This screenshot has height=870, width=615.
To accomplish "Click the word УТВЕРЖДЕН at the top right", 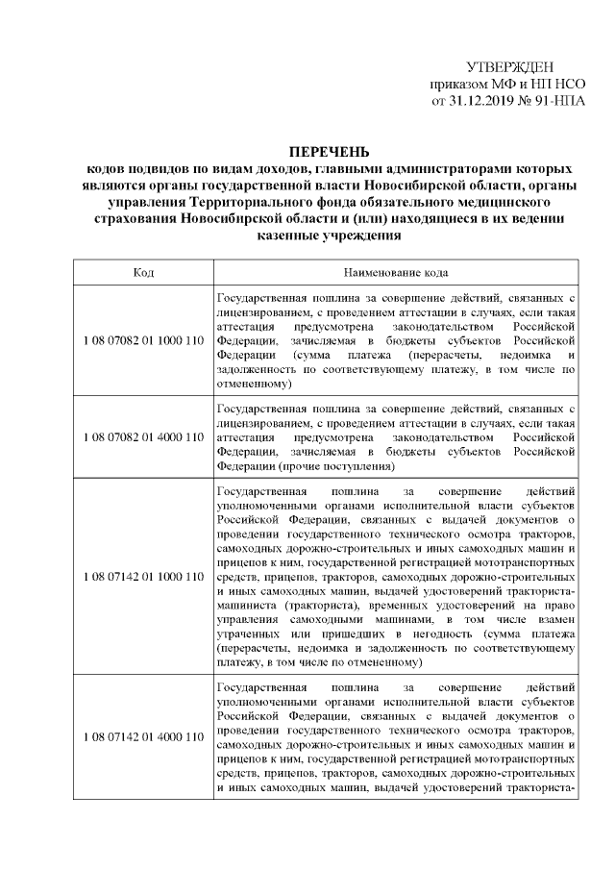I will click(509, 66).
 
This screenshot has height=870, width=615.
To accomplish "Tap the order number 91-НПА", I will click(554, 100).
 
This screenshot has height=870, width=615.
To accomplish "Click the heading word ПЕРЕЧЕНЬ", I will click(330, 152).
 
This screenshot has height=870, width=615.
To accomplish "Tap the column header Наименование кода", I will click(396, 273).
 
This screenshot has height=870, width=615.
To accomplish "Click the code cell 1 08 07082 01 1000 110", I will click(143, 341).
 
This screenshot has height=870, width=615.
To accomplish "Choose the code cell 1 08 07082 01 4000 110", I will click(143, 436).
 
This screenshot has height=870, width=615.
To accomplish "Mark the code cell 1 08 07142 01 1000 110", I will click(143, 577).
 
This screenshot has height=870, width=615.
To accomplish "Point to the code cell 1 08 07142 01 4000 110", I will click(143, 736).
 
